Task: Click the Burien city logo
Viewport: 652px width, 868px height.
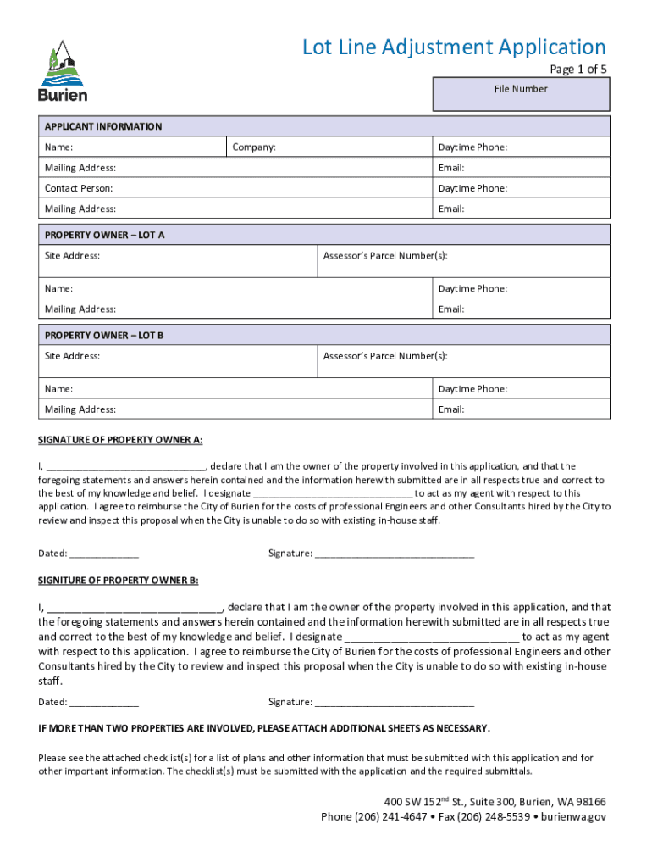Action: [62, 72]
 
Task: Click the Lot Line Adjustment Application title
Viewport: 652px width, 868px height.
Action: [454, 47]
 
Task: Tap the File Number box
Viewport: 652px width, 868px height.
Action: [521, 94]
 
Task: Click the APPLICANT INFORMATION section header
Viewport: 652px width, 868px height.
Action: [103, 126]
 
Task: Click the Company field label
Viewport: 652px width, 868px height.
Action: [254, 147]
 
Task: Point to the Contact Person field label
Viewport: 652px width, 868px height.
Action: [79, 188]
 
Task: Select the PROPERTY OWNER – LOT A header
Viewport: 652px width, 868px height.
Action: [105, 235]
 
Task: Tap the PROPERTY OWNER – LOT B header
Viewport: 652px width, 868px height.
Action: [104, 335]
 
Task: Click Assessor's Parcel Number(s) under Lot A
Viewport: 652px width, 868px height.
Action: [385, 255]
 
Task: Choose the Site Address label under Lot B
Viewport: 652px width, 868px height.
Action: [72, 356]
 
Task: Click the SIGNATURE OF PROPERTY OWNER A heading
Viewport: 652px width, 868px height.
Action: [120, 440]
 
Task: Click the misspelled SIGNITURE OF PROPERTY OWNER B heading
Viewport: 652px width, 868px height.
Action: [119, 581]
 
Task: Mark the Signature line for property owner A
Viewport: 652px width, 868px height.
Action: [394, 554]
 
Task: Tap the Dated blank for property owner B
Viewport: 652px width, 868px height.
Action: [104, 703]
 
